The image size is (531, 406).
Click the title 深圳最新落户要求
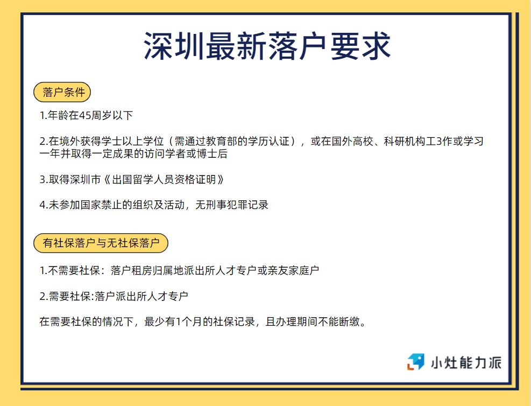pos(267,46)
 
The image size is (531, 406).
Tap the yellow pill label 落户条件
pos(62,92)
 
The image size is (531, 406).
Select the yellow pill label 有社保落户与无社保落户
pos(101,243)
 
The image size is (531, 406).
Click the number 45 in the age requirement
pos(85,116)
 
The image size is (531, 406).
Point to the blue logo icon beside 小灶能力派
pos(415,362)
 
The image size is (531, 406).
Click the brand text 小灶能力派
pos(466,362)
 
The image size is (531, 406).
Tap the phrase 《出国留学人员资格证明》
pos(164,179)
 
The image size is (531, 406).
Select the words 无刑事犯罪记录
pos(232,205)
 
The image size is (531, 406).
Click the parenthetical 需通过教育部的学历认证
pos(232,141)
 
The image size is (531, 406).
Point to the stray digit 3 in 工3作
pos(440,141)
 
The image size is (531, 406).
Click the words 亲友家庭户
pos(293,270)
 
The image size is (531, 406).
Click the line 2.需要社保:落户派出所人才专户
pos(114,296)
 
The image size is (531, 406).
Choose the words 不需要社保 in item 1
pos(74,270)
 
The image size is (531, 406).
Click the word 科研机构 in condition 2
pos(405,141)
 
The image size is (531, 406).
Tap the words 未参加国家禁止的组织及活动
pos(117,205)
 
